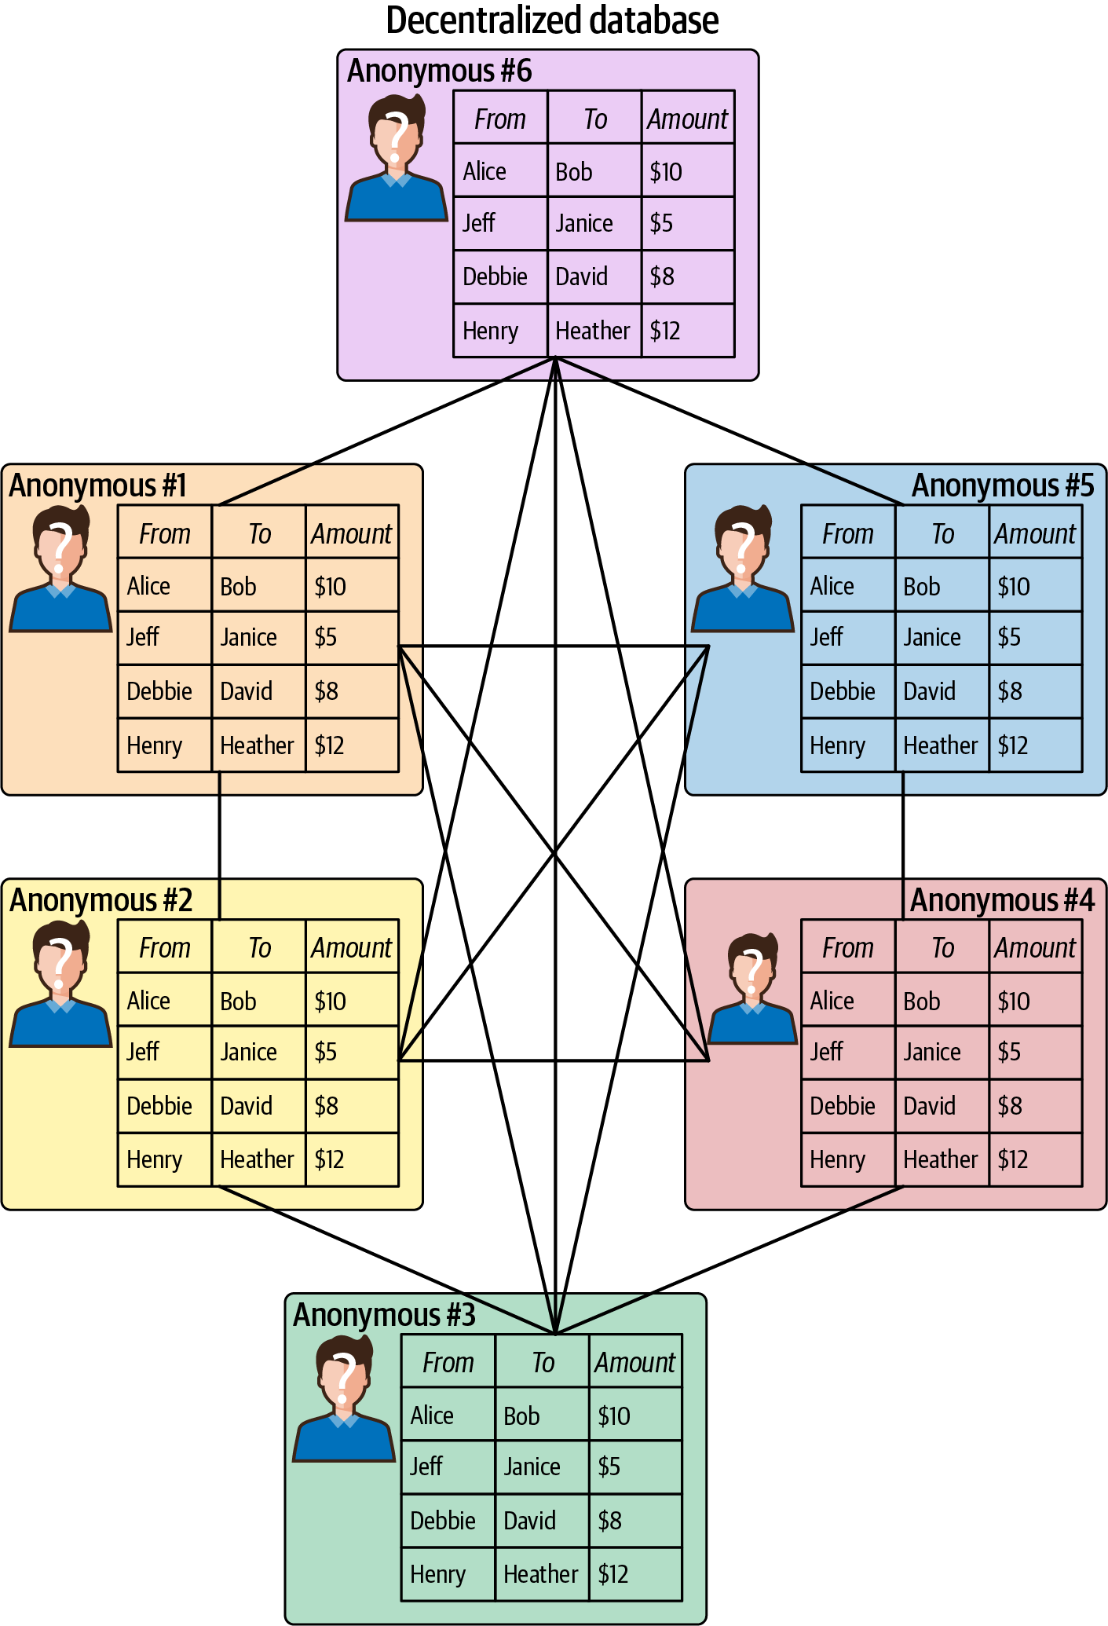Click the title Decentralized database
[552, 21]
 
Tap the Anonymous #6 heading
[439, 71]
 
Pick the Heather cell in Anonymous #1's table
[257, 745]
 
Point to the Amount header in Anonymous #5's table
[1035, 533]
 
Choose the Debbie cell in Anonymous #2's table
[159, 1106]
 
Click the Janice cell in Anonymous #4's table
[932, 1052]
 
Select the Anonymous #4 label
[1002, 900]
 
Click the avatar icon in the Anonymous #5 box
[743, 569]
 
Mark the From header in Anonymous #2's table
[165, 948]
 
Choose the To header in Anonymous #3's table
[543, 1363]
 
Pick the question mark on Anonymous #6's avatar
[397, 136]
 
